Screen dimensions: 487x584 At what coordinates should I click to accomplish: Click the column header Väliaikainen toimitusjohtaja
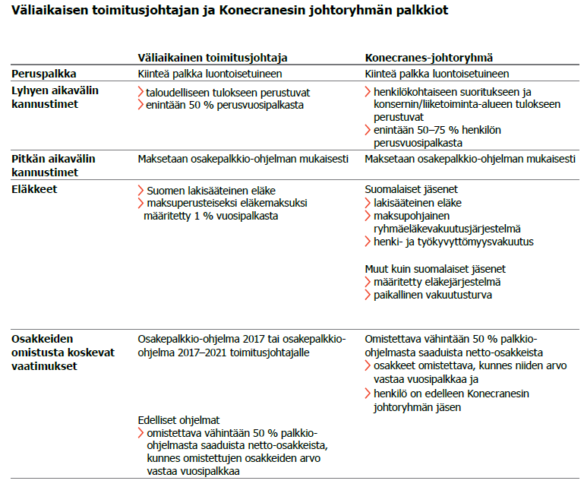click(212, 58)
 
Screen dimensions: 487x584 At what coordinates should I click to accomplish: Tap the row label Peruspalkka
click(42, 74)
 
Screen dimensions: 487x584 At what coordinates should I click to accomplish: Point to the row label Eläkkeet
click(35, 189)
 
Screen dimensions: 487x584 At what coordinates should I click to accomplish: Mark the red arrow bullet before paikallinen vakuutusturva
click(368, 295)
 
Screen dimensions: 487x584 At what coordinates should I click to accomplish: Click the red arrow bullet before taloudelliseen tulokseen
click(140, 92)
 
